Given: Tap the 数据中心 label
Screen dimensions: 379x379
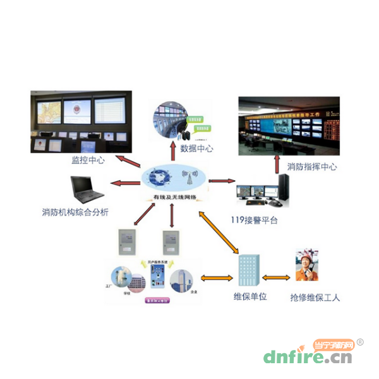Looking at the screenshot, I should [x=196, y=149].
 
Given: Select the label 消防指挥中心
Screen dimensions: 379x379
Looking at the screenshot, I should [x=312, y=167].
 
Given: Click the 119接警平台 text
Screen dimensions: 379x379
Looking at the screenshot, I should [x=254, y=220].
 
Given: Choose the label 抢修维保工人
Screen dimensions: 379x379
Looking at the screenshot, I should [x=315, y=297].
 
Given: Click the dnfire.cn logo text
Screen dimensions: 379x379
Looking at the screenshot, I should [x=307, y=358].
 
